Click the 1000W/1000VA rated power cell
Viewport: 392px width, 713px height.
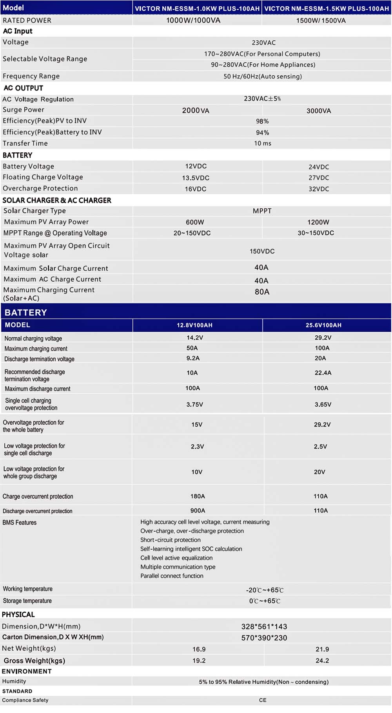click(x=193, y=20)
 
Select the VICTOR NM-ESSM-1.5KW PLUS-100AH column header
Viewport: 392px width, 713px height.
click(x=327, y=8)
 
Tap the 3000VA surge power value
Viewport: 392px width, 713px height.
click(x=319, y=111)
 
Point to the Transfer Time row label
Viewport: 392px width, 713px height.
click(x=25, y=143)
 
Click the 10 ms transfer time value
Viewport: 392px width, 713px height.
click(x=263, y=143)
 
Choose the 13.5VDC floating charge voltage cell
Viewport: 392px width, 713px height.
click(x=196, y=178)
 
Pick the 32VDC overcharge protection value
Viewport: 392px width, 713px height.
click(x=319, y=189)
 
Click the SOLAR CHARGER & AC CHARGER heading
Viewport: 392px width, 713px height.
click(x=57, y=200)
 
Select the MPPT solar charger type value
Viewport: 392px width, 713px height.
click(x=262, y=211)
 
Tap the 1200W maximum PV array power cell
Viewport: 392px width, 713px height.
click(x=318, y=222)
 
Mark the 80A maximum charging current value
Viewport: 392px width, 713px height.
click(x=262, y=292)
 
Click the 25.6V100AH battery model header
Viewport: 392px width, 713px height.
click(x=323, y=325)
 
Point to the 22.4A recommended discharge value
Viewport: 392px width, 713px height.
click(x=323, y=373)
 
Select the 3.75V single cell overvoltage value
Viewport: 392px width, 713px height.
click(x=195, y=405)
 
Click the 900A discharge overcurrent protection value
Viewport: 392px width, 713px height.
click(x=198, y=510)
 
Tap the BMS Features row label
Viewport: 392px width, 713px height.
click(x=20, y=523)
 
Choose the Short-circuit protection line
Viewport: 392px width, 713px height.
click(x=171, y=540)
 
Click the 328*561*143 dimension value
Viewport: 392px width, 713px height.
click(x=264, y=626)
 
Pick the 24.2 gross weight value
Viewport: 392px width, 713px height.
click(x=322, y=661)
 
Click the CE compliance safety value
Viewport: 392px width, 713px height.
click(x=263, y=700)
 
